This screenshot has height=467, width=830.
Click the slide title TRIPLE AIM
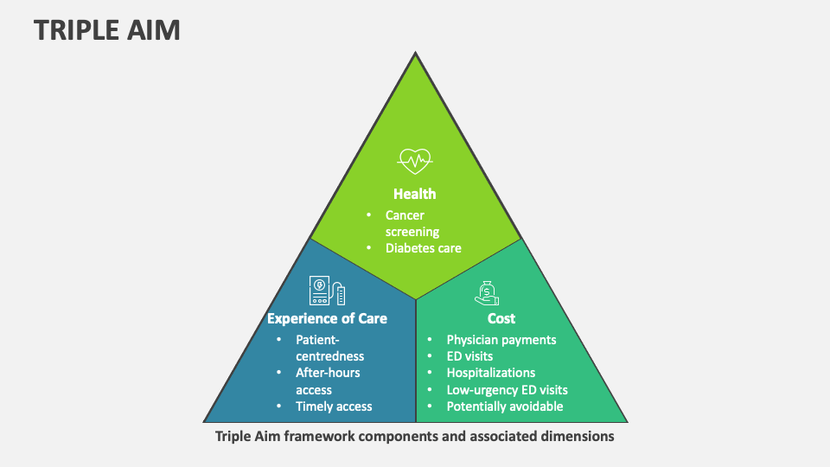[107, 29]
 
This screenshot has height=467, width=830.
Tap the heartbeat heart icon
[415, 160]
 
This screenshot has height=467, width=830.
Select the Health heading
[415, 194]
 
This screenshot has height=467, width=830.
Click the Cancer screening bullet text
[412, 223]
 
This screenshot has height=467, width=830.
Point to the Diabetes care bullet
[424, 248]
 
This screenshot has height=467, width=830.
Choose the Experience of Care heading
[327, 318]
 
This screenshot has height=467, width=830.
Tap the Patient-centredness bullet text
[329, 348]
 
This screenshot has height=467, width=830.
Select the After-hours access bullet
[328, 381]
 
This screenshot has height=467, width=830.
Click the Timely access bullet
[334, 406]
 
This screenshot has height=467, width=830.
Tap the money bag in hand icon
[488, 292]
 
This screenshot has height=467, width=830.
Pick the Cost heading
[501, 318]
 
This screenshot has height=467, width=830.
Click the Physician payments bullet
[501, 340]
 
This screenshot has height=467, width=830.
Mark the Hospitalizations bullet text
[490, 373]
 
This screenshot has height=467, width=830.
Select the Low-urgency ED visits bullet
[507, 389]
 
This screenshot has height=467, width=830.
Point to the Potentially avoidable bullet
[505, 406]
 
